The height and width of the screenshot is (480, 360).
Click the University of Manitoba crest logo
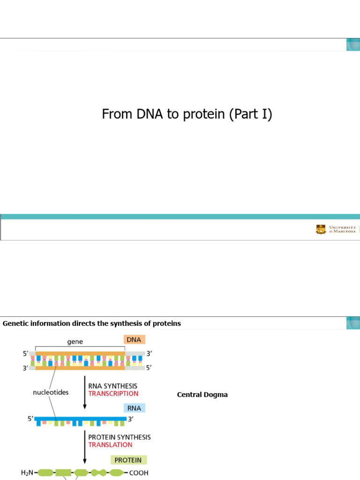[x=321, y=229]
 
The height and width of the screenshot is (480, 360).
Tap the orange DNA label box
[x=134, y=339]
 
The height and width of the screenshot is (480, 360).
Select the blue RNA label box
[x=135, y=408]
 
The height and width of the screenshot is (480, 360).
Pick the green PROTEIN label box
[x=128, y=460]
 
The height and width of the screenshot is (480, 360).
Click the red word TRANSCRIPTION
[x=113, y=394]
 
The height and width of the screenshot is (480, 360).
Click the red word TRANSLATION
[x=110, y=445]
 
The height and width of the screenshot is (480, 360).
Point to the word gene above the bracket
[x=75, y=342]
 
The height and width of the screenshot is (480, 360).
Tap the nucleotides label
[x=51, y=392]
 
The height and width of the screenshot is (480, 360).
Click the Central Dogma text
[x=202, y=395]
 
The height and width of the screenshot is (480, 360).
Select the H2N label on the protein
[x=27, y=472]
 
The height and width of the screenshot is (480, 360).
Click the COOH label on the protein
[x=139, y=473]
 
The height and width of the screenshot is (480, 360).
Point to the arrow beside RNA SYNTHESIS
[x=85, y=392]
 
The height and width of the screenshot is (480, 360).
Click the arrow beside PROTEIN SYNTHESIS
[x=85, y=447]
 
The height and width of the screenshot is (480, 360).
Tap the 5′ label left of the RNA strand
[x=30, y=419]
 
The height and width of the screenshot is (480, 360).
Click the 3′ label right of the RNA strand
[x=130, y=419]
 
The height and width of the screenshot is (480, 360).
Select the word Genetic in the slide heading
[x=15, y=323]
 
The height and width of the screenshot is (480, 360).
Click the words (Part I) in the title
[x=251, y=114]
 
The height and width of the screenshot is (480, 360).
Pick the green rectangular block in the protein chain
[x=63, y=472]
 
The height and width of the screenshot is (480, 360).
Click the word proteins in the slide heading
[x=167, y=324]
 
